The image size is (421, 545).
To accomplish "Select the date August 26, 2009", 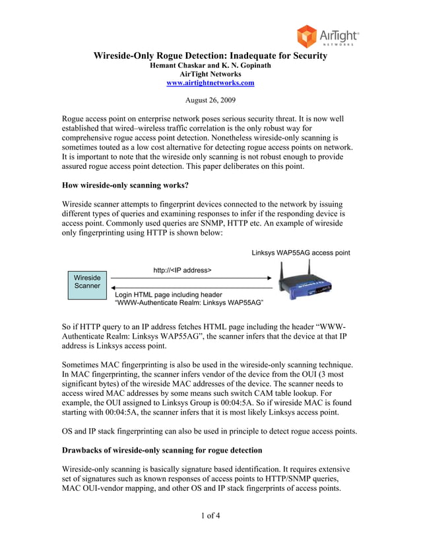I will (210, 102).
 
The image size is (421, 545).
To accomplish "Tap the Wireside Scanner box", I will (87, 282).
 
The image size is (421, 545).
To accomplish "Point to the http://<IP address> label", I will (182, 271).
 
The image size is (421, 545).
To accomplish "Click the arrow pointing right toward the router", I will (191, 278).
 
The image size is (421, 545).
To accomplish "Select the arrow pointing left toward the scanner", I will (191, 288).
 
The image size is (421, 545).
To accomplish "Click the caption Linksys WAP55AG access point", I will (300, 253).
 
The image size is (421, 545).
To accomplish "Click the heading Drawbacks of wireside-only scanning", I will (162, 450).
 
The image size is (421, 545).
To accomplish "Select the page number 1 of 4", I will (210, 515).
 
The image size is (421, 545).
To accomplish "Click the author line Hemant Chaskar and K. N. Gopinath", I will (210, 65).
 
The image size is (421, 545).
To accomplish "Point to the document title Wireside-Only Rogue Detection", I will (210, 55).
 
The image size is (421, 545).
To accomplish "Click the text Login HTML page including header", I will (168, 294).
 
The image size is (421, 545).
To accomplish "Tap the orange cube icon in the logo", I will (308, 36).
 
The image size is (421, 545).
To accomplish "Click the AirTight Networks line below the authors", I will (210, 75).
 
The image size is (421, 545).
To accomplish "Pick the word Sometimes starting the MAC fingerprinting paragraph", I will (82, 365).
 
